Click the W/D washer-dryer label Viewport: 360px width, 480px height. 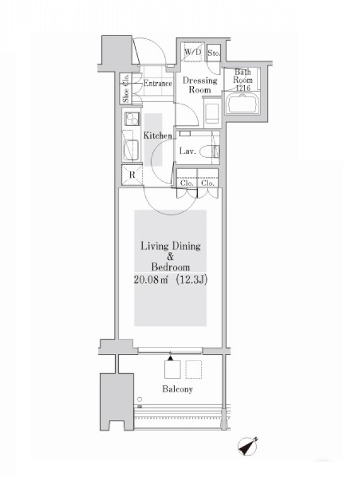(x=193, y=52)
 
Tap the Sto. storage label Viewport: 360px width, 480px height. (x=214, y=53)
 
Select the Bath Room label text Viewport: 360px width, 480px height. (x=243, y=76)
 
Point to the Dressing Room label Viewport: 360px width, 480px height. (x=200, y=85)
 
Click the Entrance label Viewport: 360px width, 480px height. (x=158, y=83)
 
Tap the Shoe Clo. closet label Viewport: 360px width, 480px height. (x=126, y=88)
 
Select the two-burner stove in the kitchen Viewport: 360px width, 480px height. (x=132, y=119)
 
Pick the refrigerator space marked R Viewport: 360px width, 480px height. (x=132, y=175)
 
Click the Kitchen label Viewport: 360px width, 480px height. (x=158, y=136)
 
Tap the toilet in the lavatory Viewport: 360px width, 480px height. (x=209, y=151)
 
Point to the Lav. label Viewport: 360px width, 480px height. (x=187, y=151)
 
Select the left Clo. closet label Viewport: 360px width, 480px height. (x=187, y=183)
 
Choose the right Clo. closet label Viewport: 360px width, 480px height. (x=208, y=183)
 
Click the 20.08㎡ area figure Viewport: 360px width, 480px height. (x=151, y=280)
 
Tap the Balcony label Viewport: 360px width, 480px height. (x=178, y=389)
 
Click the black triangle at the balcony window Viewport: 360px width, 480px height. (x=171, y=357)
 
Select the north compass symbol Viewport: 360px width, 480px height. (x=248, y=446)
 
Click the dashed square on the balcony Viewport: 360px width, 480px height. (x=193, y=370)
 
